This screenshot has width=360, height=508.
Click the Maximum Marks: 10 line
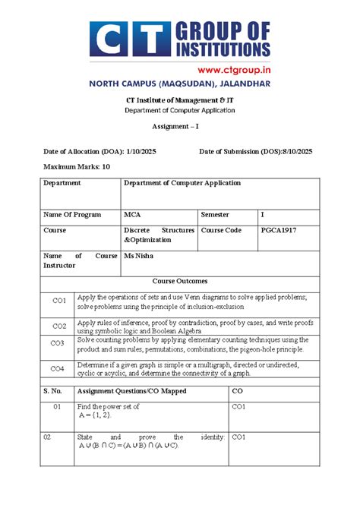[77, 166]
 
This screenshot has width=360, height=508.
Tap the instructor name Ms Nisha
[138, 257]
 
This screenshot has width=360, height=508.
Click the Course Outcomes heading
[180, 281]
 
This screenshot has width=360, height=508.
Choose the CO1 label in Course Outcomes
[58, 301]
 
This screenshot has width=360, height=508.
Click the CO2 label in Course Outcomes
[58, 326]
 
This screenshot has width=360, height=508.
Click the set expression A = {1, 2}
[95, 416]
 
